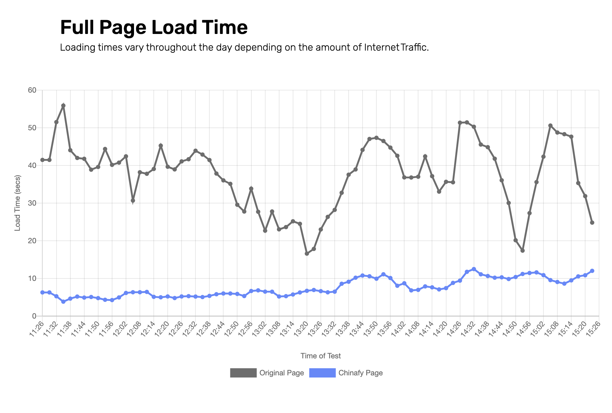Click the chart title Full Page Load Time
(x=154, y=27)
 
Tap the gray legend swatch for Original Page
(x=243, y=373)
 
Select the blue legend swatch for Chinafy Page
(x=322, y=373)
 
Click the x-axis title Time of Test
(x=321, y=356)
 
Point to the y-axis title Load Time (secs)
(x=18, y=203)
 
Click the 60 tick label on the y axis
(x=32, y=90)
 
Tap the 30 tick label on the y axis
(x=32, y=203)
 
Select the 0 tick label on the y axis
(x=34, y=316)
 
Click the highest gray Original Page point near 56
(x=63, y=106)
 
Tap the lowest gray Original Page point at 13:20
(x=307, y=254)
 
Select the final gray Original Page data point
(x=592, y=223)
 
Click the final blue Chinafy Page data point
(x=592, y=271)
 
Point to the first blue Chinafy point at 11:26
(x=42, y=292)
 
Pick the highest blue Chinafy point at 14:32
(x=474, y=269)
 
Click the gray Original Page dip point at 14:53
(x=522, y=251)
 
